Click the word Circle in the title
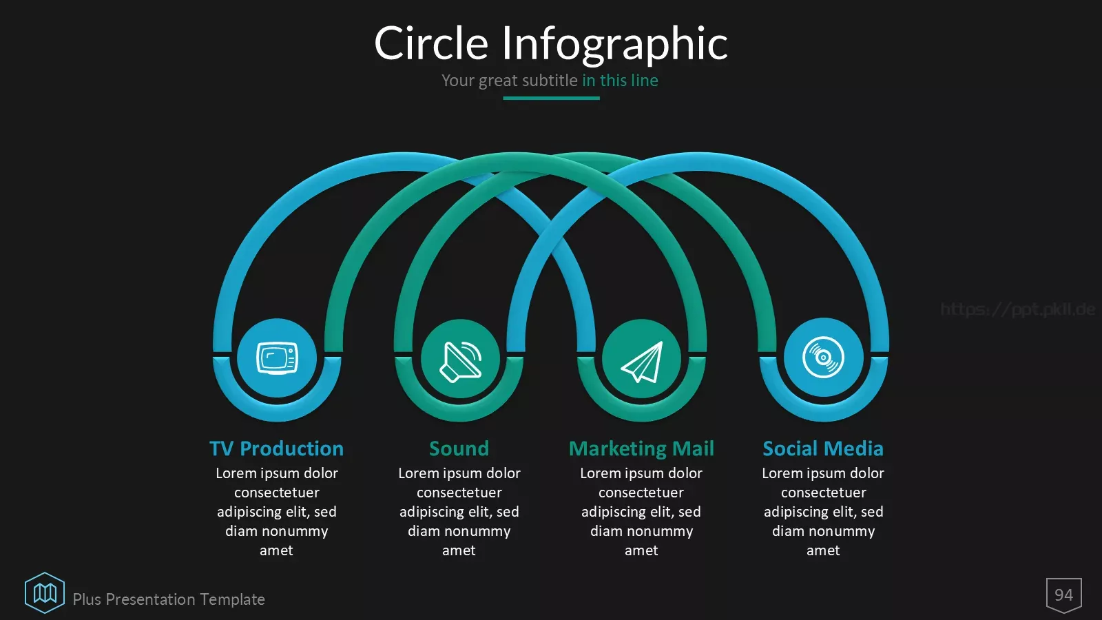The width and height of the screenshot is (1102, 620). coord(431,43)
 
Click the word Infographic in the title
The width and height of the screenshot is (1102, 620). coord(614,45)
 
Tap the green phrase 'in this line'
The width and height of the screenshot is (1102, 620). coord(620,80)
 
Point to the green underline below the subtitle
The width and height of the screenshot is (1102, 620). coord(551,99)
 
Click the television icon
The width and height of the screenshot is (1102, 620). coord(277,358)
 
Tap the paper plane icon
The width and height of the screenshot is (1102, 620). coord(641,362)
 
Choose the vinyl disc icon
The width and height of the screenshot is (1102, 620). coord(823,358)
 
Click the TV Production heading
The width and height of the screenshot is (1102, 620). coord(276,448)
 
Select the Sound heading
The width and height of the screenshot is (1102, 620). coord(459,448)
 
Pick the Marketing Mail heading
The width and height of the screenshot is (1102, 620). coord(641,449)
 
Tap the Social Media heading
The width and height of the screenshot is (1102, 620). coord(823,448)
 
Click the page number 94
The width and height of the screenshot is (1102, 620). coord(1063,595)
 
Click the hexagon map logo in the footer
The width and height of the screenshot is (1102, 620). coord(45,593)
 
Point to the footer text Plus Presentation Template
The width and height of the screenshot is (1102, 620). coord(169,599)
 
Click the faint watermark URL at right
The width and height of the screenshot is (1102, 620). coord(1018,309)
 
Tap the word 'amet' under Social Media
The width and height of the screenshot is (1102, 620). coord(823,550)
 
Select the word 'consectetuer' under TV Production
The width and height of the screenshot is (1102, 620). coord(276,493)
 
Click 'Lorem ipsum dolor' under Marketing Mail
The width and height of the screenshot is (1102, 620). coord(641,473)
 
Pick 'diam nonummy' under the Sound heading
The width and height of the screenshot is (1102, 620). coord(459,531)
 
